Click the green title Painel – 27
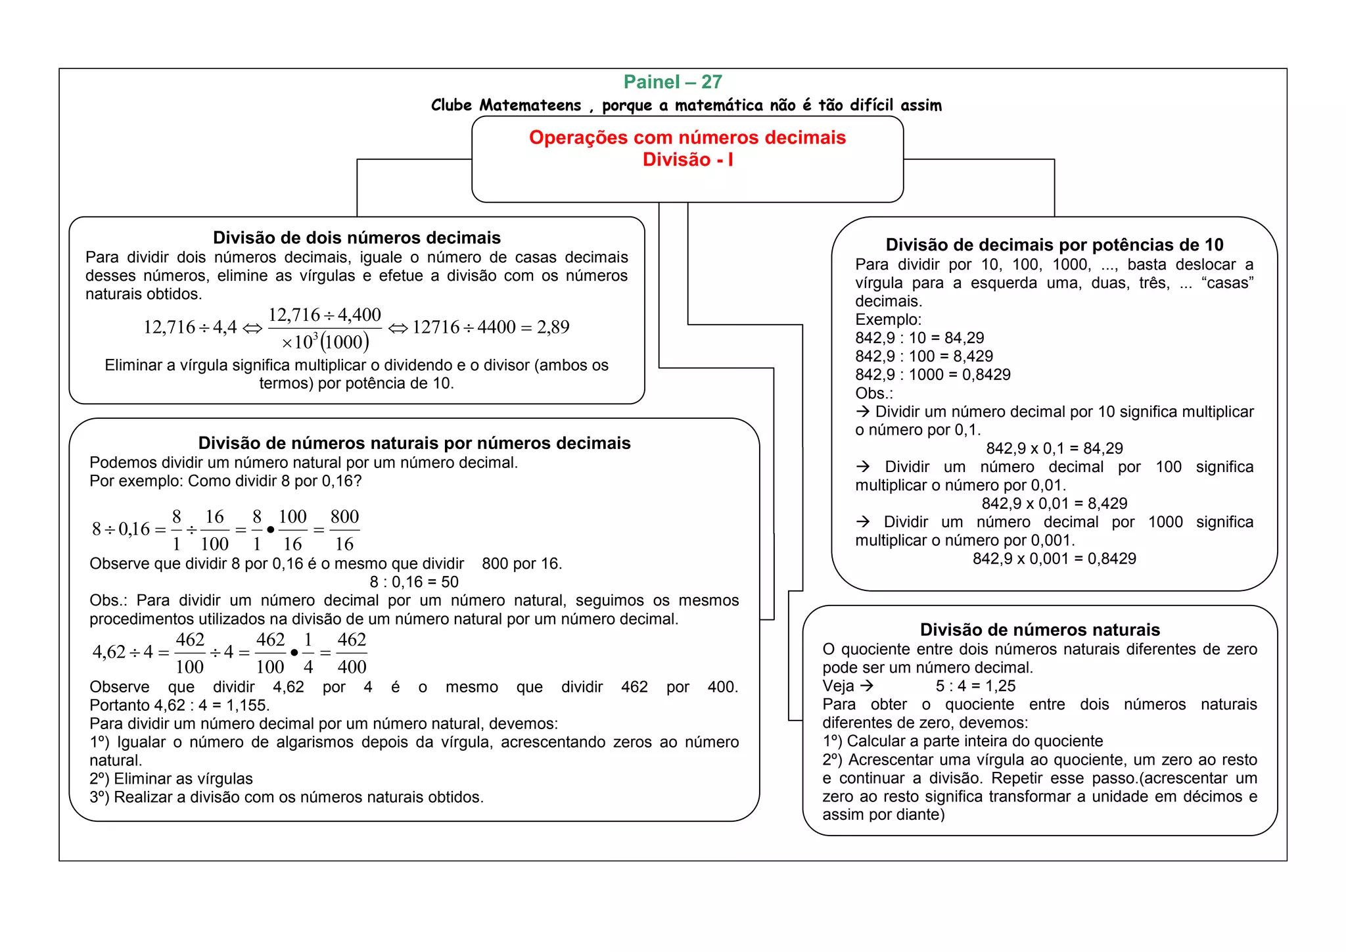tap(672, 82)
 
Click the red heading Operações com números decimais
tap(687, 137)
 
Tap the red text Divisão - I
tap(687, 160)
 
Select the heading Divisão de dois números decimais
tap(356, 238)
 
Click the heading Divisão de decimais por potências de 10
tap(1054, 245)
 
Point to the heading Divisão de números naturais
tap(1040, 630)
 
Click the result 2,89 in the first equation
tap(553, 327)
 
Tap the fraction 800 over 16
tap(344, 530)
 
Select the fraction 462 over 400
tap(352, 653)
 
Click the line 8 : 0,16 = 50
tap(414, 582)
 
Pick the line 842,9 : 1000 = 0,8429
tap(933, 375)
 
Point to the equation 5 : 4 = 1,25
tap(975, 686)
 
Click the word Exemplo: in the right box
tap(888, 320)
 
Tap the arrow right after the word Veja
tap(868, 686)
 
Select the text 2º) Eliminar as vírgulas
tap(171, 779)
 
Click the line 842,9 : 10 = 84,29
tap(919, 338)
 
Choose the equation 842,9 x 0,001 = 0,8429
tap(1054, 559)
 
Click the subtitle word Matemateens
tap(530, 105)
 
